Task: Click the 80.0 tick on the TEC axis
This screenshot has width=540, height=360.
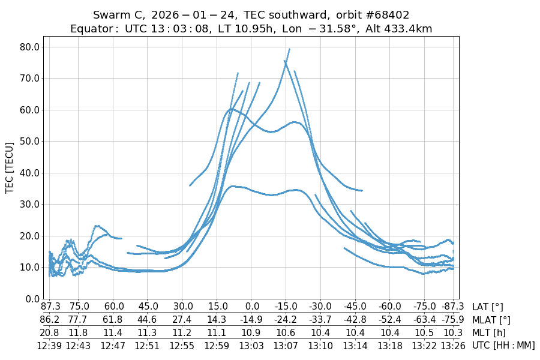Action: tap(28, 47)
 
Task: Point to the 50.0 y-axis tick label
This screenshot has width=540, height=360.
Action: tap(28, 141)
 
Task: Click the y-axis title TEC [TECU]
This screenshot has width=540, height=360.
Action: tap(10, 167)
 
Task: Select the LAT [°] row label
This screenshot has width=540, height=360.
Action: tap(488, 307)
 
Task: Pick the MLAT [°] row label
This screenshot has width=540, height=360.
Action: tap(492, 320)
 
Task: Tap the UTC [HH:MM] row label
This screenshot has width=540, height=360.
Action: tap(503, 345)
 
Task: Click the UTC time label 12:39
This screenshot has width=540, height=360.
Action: tap(49, 345)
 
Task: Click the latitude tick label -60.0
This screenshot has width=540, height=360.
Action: tap(390, 307)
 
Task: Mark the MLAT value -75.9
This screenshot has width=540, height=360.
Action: tap(453, 320)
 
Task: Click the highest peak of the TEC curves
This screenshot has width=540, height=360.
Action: tap(289, 49)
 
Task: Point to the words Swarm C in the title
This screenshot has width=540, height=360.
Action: tap(118, 15)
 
